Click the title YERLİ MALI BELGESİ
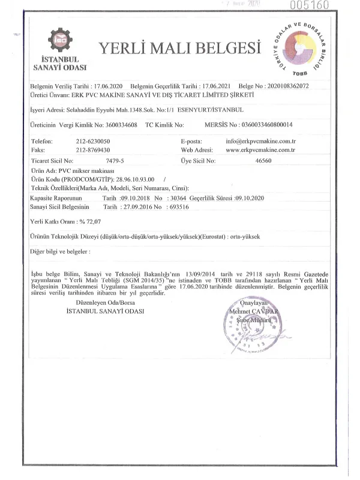click(x=180, y=47)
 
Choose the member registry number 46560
click(x=263, y=161)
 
